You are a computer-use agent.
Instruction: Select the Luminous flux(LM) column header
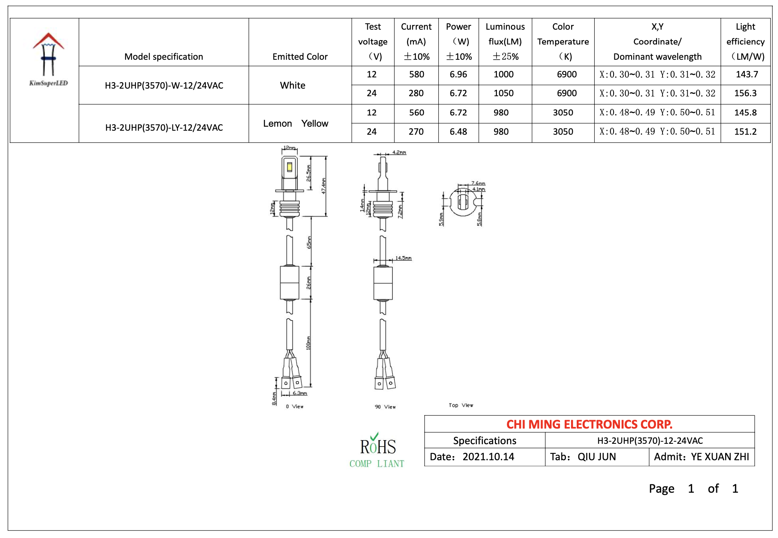pos(505,42)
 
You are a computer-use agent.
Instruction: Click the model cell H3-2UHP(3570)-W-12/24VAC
pos(164,85)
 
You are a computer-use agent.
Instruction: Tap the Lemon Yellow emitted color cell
pos(296,123)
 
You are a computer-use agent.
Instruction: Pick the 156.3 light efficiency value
pos(745,93)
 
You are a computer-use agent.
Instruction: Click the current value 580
pos(416,75)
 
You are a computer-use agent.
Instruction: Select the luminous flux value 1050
pos(503,93)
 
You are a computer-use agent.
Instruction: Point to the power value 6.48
pos(458,132)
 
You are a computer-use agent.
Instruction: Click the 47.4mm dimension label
pos(324,186)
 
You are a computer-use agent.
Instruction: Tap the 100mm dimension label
pos(308,343)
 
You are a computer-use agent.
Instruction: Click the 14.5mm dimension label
pos(403,258)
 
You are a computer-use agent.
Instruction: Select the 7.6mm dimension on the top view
pos(478,183)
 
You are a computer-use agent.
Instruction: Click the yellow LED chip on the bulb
pos(290,167)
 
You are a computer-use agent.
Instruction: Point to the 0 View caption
pos(295,407)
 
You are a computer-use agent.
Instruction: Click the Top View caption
pos(461,405)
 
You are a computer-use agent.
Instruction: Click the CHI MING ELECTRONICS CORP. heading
pos(589,424)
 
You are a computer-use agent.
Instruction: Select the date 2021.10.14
pos(488,457)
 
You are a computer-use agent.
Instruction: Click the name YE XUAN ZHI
pos(720,457)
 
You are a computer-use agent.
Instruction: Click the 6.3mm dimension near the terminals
pos(300,393)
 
